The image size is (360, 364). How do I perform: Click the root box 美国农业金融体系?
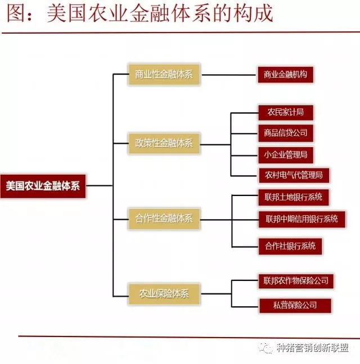pyautogui.click(x=43, y=185)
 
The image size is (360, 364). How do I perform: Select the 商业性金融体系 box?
pyautogui.click(x=164, y=75)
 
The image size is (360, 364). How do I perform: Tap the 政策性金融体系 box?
pyautogui.click(x=164, y=144)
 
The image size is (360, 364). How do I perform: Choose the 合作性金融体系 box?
pyautogui.click(x=164, y=219)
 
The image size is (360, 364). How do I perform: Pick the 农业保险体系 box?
pyautogui.click(x=164, y=293)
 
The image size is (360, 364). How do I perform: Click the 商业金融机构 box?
pyautogui.click(x=285, y=75)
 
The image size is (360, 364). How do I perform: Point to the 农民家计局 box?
pyautogui.click(x=285, y=112)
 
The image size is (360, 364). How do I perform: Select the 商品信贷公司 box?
pyautogui.click(x=286, y=133)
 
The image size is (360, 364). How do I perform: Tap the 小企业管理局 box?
pyautogui.click(x=286, y=154)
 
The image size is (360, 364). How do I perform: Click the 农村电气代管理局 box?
pyautogui.click(x=293, y=175)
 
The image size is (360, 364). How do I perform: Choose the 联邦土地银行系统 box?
pyautogui.click(x=293, y=198)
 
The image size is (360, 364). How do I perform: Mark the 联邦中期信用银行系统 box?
pyautogui.click(x=301, y=219)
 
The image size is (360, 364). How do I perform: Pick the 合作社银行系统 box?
pyautogui.click(x=290, y=246)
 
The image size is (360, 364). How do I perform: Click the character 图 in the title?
pyautogui.click(x=16, y=13)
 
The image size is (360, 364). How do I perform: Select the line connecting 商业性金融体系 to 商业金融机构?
pyautogui.click(x=229, y=75)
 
